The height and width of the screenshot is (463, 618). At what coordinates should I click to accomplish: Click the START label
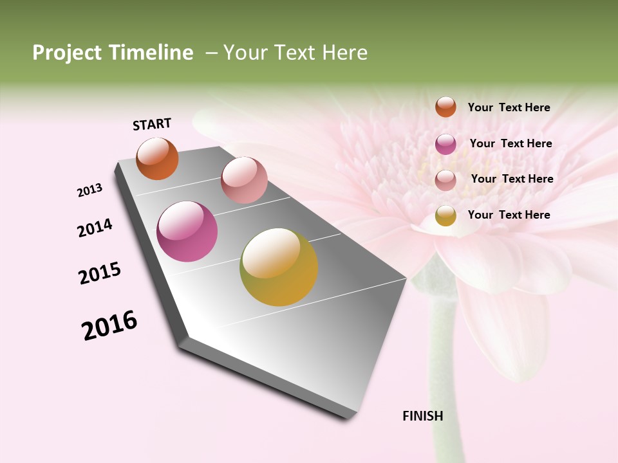[x=152, y=124]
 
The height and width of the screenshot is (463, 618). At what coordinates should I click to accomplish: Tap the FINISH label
[x=422, y=416]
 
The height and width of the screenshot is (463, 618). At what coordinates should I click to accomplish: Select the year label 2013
[x=90, y=190]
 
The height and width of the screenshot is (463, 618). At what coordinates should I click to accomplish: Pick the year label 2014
[x=95, y=228]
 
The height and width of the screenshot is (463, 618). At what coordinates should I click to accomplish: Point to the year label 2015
[x=100, y=273]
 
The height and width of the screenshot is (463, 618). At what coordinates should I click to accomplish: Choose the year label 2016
[x=109, y=325]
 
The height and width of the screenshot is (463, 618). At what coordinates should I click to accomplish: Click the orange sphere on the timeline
[x=157, y=158]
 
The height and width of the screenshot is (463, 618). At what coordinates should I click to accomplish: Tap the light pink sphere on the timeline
[x=244, y=180]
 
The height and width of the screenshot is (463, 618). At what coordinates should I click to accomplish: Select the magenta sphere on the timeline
[x=187, y=232]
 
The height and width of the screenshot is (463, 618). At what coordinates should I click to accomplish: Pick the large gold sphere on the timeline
[x=279, y=267]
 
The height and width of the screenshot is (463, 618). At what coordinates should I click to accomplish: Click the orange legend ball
[x=445, y=107]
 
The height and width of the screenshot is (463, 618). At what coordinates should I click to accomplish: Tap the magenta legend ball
[x=445, y=144]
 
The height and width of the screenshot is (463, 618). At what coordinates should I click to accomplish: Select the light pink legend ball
[x=445, y=180]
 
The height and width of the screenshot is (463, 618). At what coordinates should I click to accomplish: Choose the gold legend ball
[x=445, y=215]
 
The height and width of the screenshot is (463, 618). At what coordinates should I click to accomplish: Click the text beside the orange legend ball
[x=509, y=107]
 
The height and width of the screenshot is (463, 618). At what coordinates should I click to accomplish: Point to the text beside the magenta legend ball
[x=510, y=143]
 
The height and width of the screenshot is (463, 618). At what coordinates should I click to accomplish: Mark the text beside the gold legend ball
[x=509, y=215]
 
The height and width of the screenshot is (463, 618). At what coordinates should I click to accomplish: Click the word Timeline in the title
[x=151, y=53]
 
